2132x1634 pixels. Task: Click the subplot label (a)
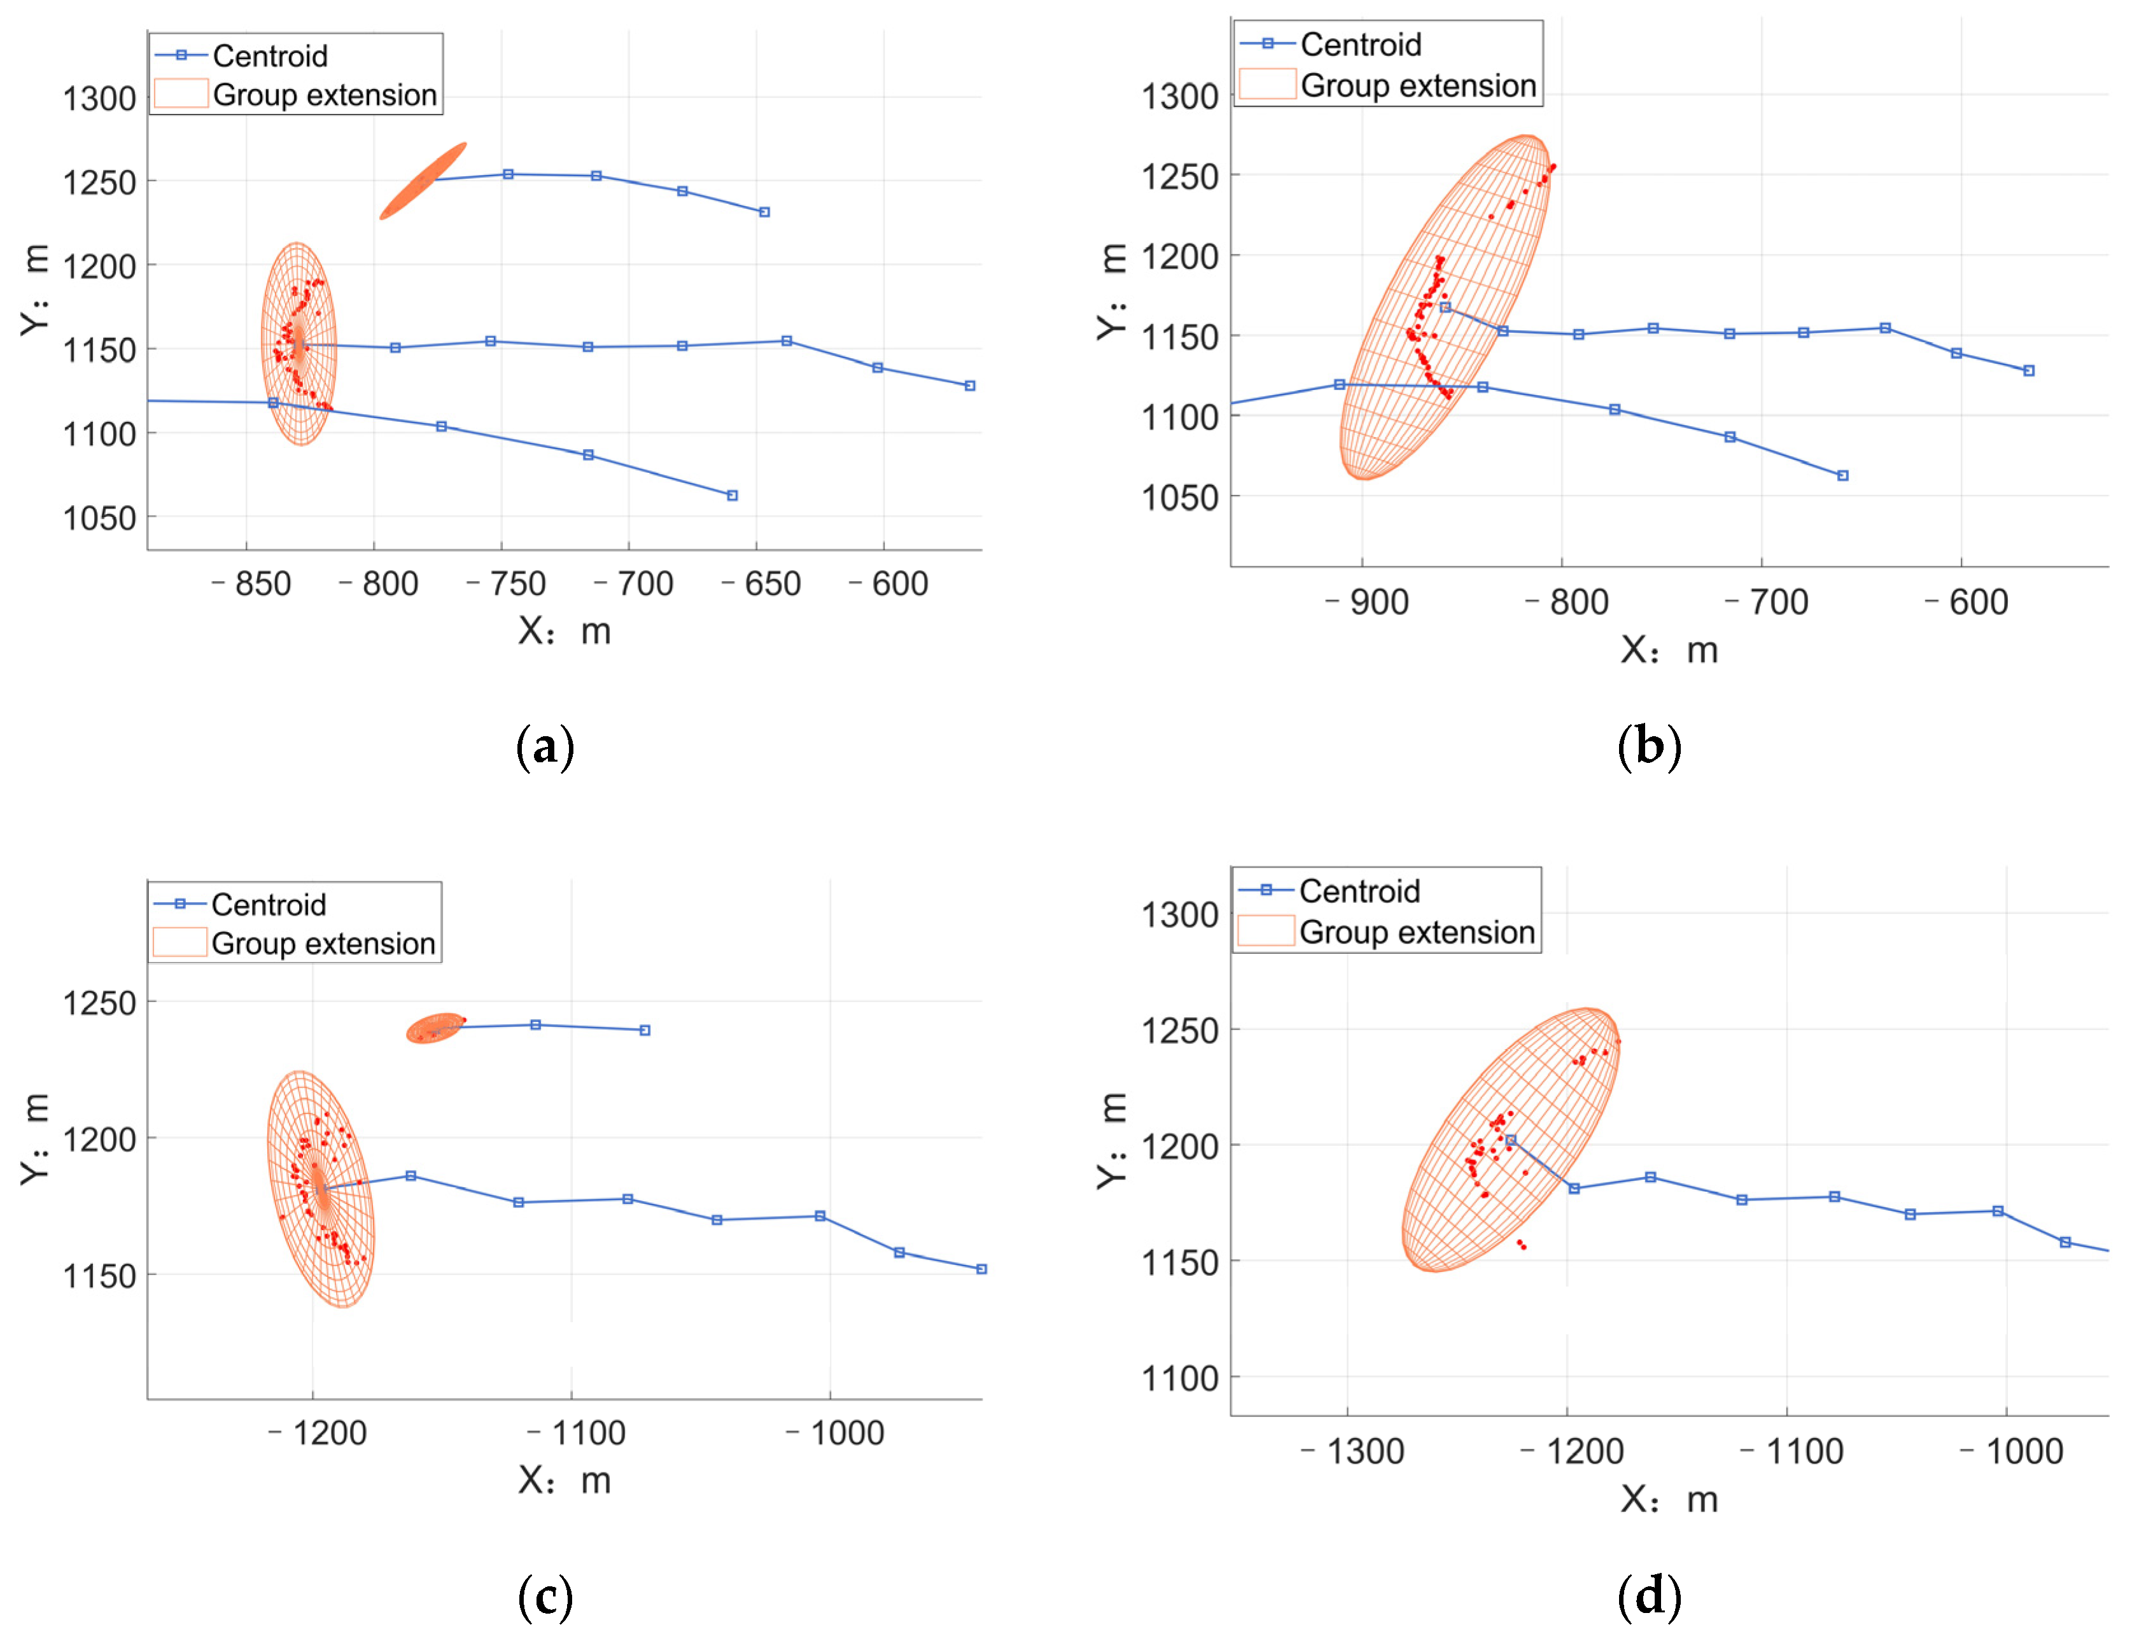tap(545, 747)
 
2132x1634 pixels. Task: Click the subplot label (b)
tap(1648, 747)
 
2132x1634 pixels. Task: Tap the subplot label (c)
tap(545, 1597)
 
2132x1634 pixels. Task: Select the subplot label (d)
tap(1648, 1597)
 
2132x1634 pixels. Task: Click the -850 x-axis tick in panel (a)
tap(252, 583)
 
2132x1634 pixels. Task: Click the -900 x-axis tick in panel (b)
tap(1368, 602)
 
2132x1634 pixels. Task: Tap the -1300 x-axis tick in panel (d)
tap(1353, 1452)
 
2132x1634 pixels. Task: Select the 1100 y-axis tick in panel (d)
tap(1179, 1378)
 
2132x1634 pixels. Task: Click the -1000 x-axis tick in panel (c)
tap(836, 1434)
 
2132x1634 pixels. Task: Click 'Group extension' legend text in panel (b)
tap(1418, 86)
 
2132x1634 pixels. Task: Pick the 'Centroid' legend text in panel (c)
tap(269, 905)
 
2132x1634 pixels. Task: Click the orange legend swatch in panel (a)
tap(181, 94)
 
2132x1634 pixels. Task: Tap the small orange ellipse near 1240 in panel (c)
tap(434, 1028)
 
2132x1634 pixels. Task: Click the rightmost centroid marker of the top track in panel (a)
tap(764, 212)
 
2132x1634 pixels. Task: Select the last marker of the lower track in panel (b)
tap(1842, 475)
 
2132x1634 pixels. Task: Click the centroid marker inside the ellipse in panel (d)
tap(1510, 1140)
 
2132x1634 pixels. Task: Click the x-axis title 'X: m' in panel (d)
tap(1669, 1500)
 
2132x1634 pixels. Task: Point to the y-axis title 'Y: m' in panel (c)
tap(35, 1138)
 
